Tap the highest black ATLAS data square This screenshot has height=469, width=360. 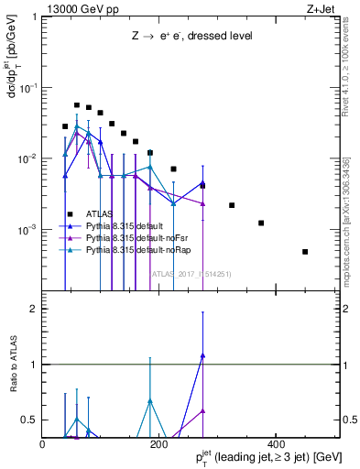(77, 105)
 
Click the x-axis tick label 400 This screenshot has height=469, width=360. (275, 443)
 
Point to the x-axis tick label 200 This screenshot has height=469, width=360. (158, 443)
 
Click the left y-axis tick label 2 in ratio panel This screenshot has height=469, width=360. (35, 310)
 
